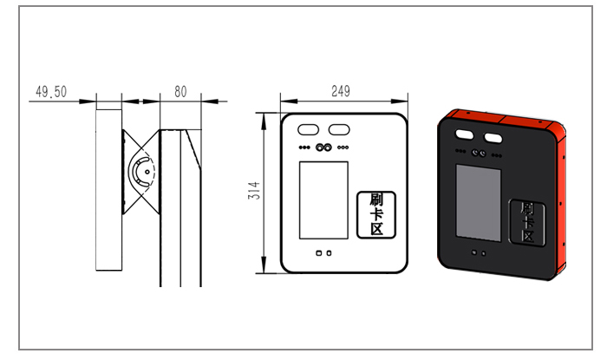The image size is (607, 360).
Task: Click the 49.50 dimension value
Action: (51, 92)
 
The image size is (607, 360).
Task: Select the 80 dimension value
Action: (180, 92)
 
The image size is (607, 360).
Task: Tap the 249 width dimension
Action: (341, 91)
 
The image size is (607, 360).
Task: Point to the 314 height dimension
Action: (254, 191)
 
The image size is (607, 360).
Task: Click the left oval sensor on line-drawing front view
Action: (308, 129)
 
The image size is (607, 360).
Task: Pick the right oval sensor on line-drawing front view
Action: (339, 129)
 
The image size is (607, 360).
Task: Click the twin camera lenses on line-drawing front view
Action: (323, 147)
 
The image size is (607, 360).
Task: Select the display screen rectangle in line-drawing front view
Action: (323, 200)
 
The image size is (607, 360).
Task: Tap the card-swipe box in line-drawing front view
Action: (376, 215)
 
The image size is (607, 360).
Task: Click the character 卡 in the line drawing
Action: (376, 214)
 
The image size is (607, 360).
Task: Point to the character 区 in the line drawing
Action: (376, 229)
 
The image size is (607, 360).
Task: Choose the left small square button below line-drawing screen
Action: (318, 253)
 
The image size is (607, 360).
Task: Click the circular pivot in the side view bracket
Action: (147, 172)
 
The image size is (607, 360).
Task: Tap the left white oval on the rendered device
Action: (464, 134)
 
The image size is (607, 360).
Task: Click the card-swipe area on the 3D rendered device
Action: (527, 223)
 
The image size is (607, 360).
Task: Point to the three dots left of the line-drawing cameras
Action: (304, 147)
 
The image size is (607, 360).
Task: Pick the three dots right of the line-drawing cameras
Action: (343, 147)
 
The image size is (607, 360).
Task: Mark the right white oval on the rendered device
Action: (493, 137)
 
